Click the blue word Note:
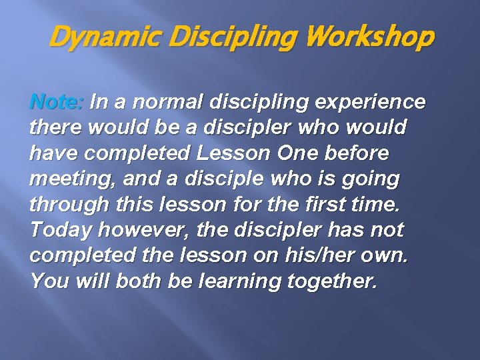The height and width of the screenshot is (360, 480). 57,103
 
